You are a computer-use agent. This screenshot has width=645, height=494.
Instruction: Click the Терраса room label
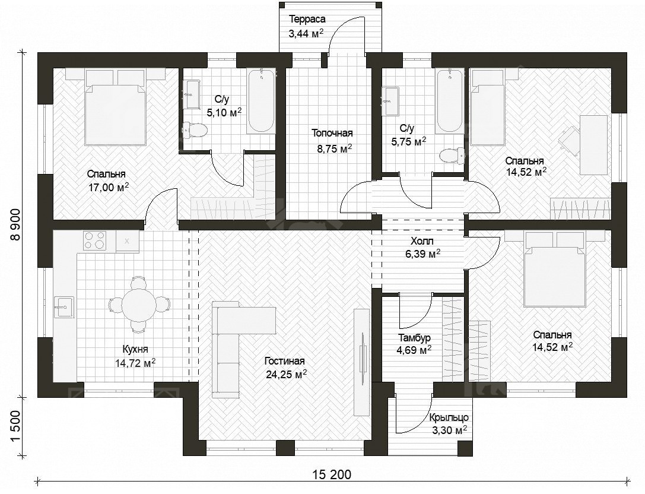tap(307, 20)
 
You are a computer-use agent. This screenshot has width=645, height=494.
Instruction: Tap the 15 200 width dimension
tap(332, 474)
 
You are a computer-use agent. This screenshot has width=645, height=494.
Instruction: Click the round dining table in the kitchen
tap(139, 305)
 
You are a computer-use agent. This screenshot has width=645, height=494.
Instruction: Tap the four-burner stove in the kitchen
tap(95, 241)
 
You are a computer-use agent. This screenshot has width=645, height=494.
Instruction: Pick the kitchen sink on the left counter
tap(63, 307)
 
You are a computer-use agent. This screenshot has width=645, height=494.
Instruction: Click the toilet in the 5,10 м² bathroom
tap(195, 129)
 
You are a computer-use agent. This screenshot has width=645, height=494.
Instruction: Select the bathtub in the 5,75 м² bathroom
tap(450, 100)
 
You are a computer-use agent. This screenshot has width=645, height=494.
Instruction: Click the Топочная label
tap(332, 133)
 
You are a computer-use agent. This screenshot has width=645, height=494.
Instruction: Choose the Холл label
tap(422, 241)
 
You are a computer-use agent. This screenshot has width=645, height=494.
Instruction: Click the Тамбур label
tap(414, 338)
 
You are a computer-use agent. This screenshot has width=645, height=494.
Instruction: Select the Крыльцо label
tap(449, 417)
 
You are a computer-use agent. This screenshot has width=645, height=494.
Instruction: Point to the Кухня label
tap(135, 349)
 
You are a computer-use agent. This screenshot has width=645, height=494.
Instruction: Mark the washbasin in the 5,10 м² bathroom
tap(192, 94)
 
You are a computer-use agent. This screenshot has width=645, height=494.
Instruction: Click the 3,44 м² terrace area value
tap(306, 34)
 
